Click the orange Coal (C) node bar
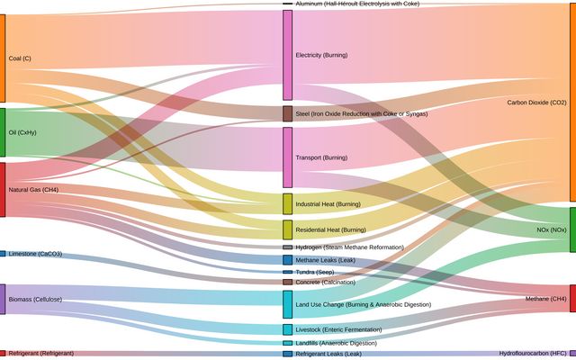(3, 58)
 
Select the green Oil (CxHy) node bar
(3, 132)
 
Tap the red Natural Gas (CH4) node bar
(3, 189)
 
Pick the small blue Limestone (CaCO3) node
(3, 254)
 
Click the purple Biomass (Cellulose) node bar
(3, 299)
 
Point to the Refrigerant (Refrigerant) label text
(40, 353)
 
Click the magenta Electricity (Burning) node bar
(287, 55)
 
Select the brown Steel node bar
(287, 114)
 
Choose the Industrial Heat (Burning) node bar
(287, 203)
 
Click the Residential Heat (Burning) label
(330, 229)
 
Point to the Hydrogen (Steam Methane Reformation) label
(349, 247)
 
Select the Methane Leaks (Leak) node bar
(287, 260)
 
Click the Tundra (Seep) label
(315, 272)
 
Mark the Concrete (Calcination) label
(325, 282)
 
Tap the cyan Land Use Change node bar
(287, 304)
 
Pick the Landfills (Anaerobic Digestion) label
(336, 343)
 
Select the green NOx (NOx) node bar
(572, 229)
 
